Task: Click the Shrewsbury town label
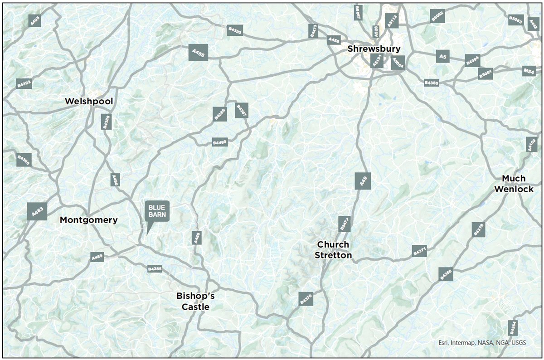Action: (x=374, y=49)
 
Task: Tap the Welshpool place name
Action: (x=89, y=101)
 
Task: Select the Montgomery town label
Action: (x=89, y=220)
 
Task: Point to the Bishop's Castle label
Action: (x=195, y=302)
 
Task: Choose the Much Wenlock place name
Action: (x=514, y=184)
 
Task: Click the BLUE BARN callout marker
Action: (x=157, y=211)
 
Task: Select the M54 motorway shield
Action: (x=529, y=71)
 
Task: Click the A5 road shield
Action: (x=443, y=56)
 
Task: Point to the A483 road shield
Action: (x=37, y=211)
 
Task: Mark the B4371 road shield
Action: (x=420, y=251)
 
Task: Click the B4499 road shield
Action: (x=220, y=142)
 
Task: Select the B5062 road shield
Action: (x=437, y=16)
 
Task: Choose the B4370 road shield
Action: (x=306, y=298)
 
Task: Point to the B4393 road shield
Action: (x=235, y=30)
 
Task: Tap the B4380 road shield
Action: (x=431, y=83)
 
